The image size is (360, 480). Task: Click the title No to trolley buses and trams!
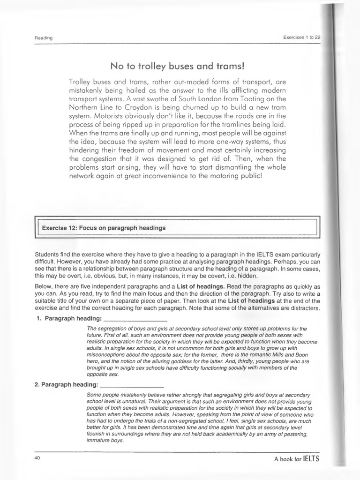[x=178, y=65]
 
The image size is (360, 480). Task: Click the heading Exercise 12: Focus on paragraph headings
[x=104, y=228]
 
